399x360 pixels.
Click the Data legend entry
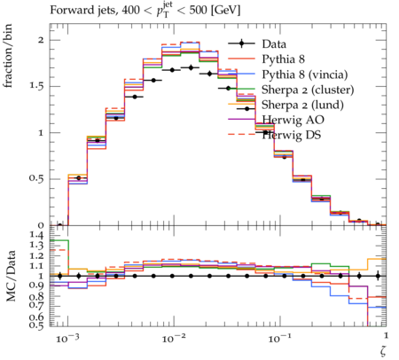[x=274, y=44]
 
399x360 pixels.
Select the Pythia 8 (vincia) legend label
[x=305, y=74]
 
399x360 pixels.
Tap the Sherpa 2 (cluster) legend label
[x=308, y=90]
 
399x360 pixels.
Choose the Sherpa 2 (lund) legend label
[x=302, y=105]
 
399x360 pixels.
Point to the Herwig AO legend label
[x=293, y=120]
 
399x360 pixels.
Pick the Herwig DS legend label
[x=292, y=136]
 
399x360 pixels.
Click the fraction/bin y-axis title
[x=8, y=56]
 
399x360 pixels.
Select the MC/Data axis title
[x=11, y=276]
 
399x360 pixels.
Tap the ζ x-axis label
[x=383, y=350]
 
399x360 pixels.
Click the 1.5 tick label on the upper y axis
[x=36, y=86]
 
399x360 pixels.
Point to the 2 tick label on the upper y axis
[x=41, y=40]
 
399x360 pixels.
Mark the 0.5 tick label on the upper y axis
[x=36, y=179]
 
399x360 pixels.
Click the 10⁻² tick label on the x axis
[x=173, y=338]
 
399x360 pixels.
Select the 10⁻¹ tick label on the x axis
[x=279, y=338]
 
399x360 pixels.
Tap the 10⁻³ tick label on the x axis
[x=67, y=338]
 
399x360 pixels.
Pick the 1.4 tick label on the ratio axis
[x=36, y=236]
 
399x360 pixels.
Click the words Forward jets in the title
[x=82, y=11]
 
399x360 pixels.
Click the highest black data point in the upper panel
[x=191, y=67]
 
